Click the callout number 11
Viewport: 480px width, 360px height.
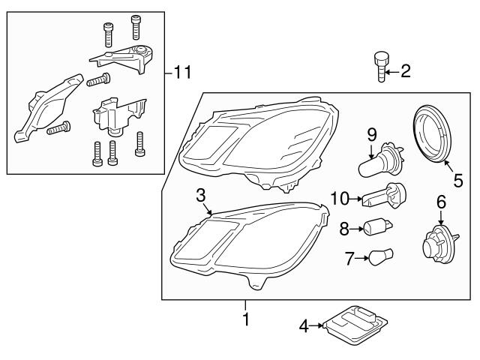[183, 73]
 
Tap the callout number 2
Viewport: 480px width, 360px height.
[406, 71]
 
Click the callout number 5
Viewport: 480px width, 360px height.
[457, 180]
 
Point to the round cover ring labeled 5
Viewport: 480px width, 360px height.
[434, 134]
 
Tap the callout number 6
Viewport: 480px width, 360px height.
[440, 201]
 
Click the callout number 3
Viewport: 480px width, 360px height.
[200, 195]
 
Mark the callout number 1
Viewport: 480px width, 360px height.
[245, 320]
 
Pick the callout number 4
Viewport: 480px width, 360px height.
[304, 325]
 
